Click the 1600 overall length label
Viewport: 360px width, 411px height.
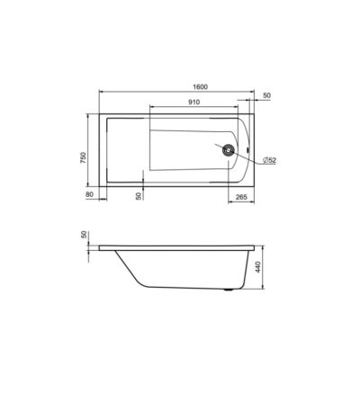point(201,87)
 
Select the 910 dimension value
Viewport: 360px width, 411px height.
point(194,102)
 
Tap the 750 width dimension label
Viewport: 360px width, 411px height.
point(83,157)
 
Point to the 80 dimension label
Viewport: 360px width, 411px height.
point(90,194)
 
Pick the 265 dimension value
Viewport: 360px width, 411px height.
point(241,197)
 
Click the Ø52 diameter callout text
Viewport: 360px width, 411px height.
point(269,160)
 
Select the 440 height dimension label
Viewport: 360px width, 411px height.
point(258,267)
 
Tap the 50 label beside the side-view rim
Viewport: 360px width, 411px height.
point(84,235)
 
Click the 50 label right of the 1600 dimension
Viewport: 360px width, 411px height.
point(266,95)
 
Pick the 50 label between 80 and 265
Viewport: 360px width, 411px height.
point(139,196)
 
